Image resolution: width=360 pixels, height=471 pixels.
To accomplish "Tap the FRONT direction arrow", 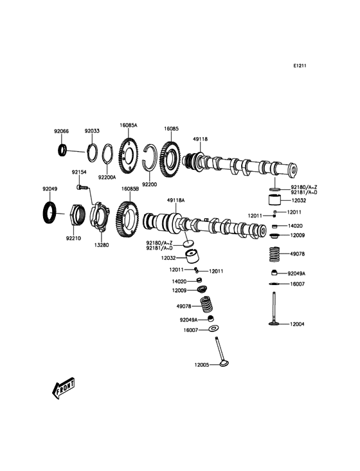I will point(63,388).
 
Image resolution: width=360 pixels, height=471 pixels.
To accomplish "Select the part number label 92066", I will point(60,131).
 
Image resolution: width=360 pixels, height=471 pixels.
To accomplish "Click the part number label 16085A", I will point(129,125).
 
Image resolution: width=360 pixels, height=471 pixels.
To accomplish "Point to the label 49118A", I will point(175,201).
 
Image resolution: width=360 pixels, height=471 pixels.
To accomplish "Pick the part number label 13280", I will point(101,245).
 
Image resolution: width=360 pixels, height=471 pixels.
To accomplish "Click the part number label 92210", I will point(73,237).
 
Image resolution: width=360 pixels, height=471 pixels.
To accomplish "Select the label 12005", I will point(203,365).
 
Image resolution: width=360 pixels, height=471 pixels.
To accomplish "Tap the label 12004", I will point(296,324).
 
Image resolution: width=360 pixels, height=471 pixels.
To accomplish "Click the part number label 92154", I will point(79,172).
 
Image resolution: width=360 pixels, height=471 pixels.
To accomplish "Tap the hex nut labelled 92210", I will point(76,214).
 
